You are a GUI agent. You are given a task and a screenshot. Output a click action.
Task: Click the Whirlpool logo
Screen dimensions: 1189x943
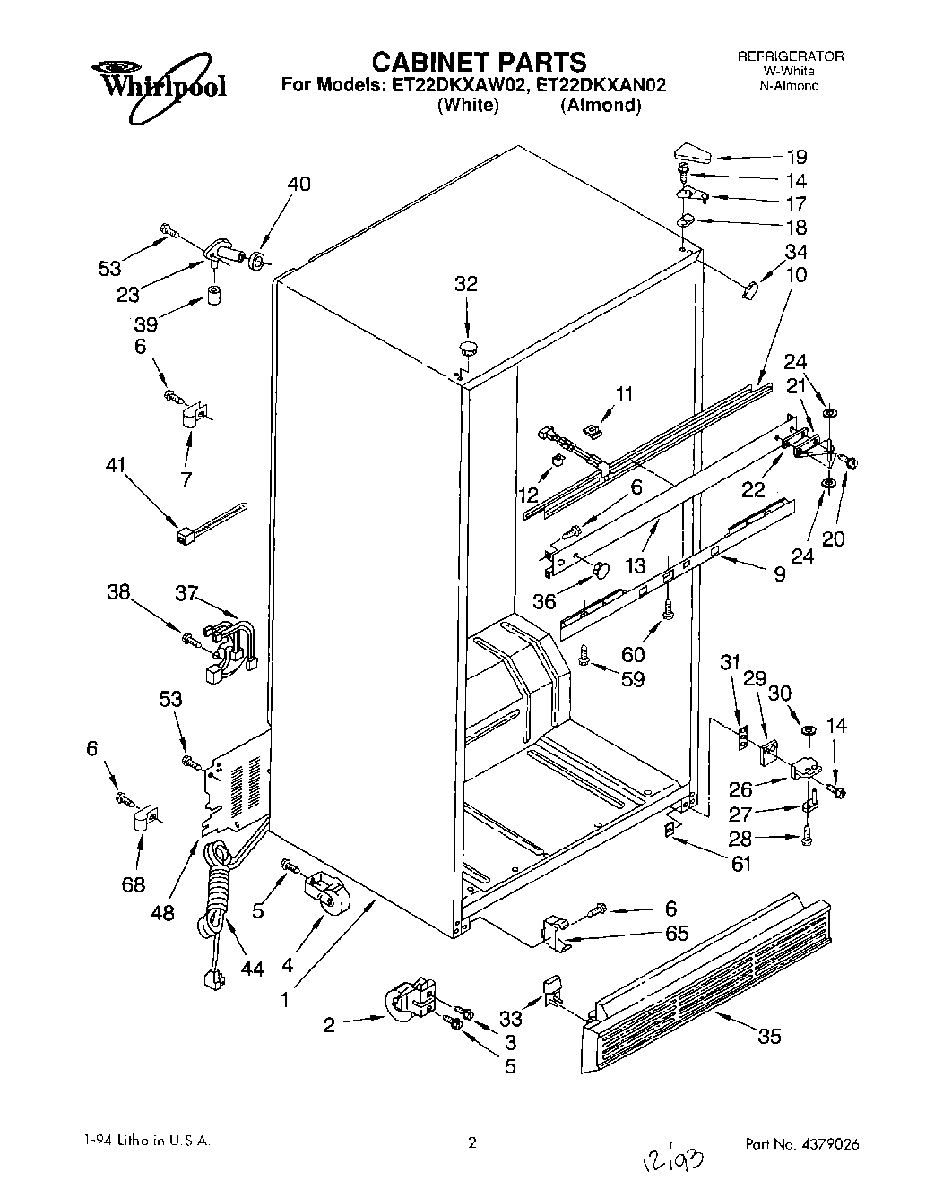158,88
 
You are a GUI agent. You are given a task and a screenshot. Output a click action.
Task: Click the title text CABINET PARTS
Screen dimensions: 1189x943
479,61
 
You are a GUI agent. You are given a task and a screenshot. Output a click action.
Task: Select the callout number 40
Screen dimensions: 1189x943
299,184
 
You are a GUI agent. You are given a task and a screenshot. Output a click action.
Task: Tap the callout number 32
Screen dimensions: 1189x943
466,284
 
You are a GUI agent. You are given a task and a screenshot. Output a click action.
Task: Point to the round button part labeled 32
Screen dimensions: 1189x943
468,347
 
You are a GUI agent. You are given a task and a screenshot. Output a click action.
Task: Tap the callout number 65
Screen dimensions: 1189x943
677,934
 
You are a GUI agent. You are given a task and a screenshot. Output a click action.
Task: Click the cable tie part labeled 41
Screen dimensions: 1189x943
207,523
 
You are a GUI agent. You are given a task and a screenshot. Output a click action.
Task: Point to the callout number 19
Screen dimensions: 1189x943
795,156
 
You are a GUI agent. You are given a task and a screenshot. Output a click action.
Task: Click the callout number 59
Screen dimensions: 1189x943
633,679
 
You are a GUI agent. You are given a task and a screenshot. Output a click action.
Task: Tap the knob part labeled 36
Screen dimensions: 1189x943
601,568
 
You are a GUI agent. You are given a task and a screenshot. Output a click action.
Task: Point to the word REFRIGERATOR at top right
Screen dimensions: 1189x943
790,56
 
